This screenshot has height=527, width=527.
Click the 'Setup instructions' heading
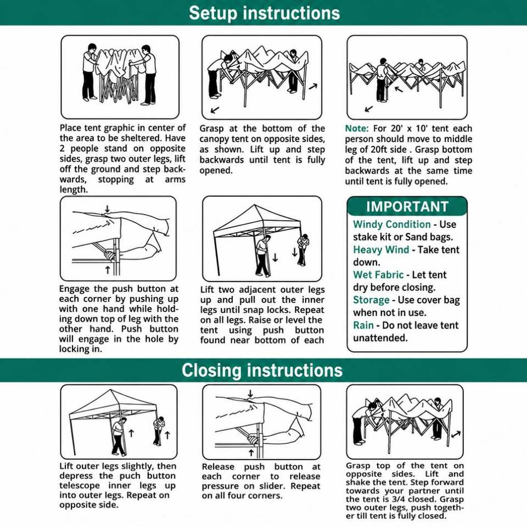(264, 13)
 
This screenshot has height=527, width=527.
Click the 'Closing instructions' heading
(262, 371)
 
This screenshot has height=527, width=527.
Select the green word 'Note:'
(357, 128)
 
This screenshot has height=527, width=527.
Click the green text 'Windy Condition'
(391, 224)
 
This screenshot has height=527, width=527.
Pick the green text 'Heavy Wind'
(381, 250)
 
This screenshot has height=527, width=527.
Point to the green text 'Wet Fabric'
(378, 274)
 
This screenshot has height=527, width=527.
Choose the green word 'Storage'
(371, 300)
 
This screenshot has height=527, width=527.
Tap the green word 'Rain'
(363, 326)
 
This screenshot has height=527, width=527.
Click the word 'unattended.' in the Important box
(380, 338)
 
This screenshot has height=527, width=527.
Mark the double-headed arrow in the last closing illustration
(456, 435)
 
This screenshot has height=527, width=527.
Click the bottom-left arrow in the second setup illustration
(215, 110)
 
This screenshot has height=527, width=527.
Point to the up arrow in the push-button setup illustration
(108, 270)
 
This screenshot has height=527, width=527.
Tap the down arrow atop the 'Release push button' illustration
(250, 393)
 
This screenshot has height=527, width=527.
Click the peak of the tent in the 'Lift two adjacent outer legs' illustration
(255, 205)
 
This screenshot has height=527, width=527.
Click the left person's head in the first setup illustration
(92, 47)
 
